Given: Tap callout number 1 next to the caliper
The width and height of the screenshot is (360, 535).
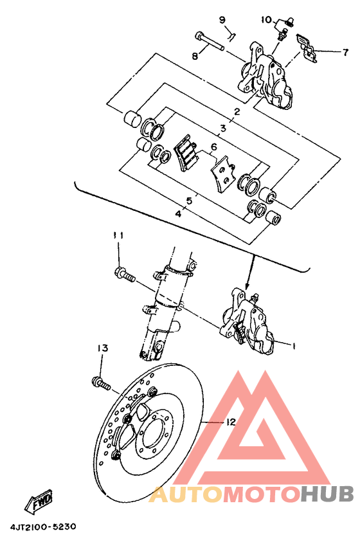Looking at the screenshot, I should (x=292, y=346).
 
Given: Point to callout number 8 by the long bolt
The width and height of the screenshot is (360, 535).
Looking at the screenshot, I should (x=195, y=56).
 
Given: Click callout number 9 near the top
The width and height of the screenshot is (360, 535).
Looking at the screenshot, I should (x=222, y=20).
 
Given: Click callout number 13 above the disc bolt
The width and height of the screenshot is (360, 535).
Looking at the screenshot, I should (x=102, y=348).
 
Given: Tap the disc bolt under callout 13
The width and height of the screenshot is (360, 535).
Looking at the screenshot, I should (x=102, y=384).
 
